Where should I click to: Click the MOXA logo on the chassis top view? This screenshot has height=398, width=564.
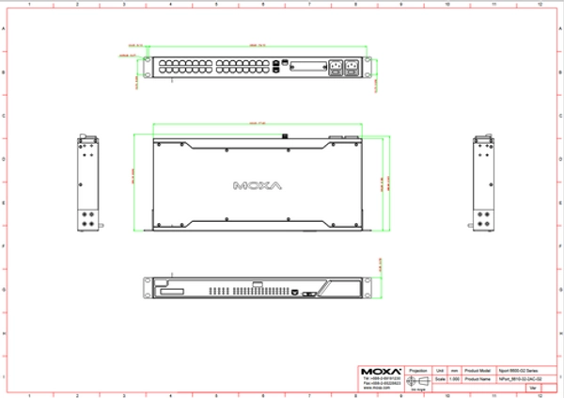point(256,183)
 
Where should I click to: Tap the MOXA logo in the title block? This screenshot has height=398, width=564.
point(382,370)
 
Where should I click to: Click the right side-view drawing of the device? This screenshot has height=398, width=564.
point(481,183)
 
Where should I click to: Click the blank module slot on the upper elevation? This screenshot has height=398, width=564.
point(307,67)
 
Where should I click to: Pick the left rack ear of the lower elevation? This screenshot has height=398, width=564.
point(144,289)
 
